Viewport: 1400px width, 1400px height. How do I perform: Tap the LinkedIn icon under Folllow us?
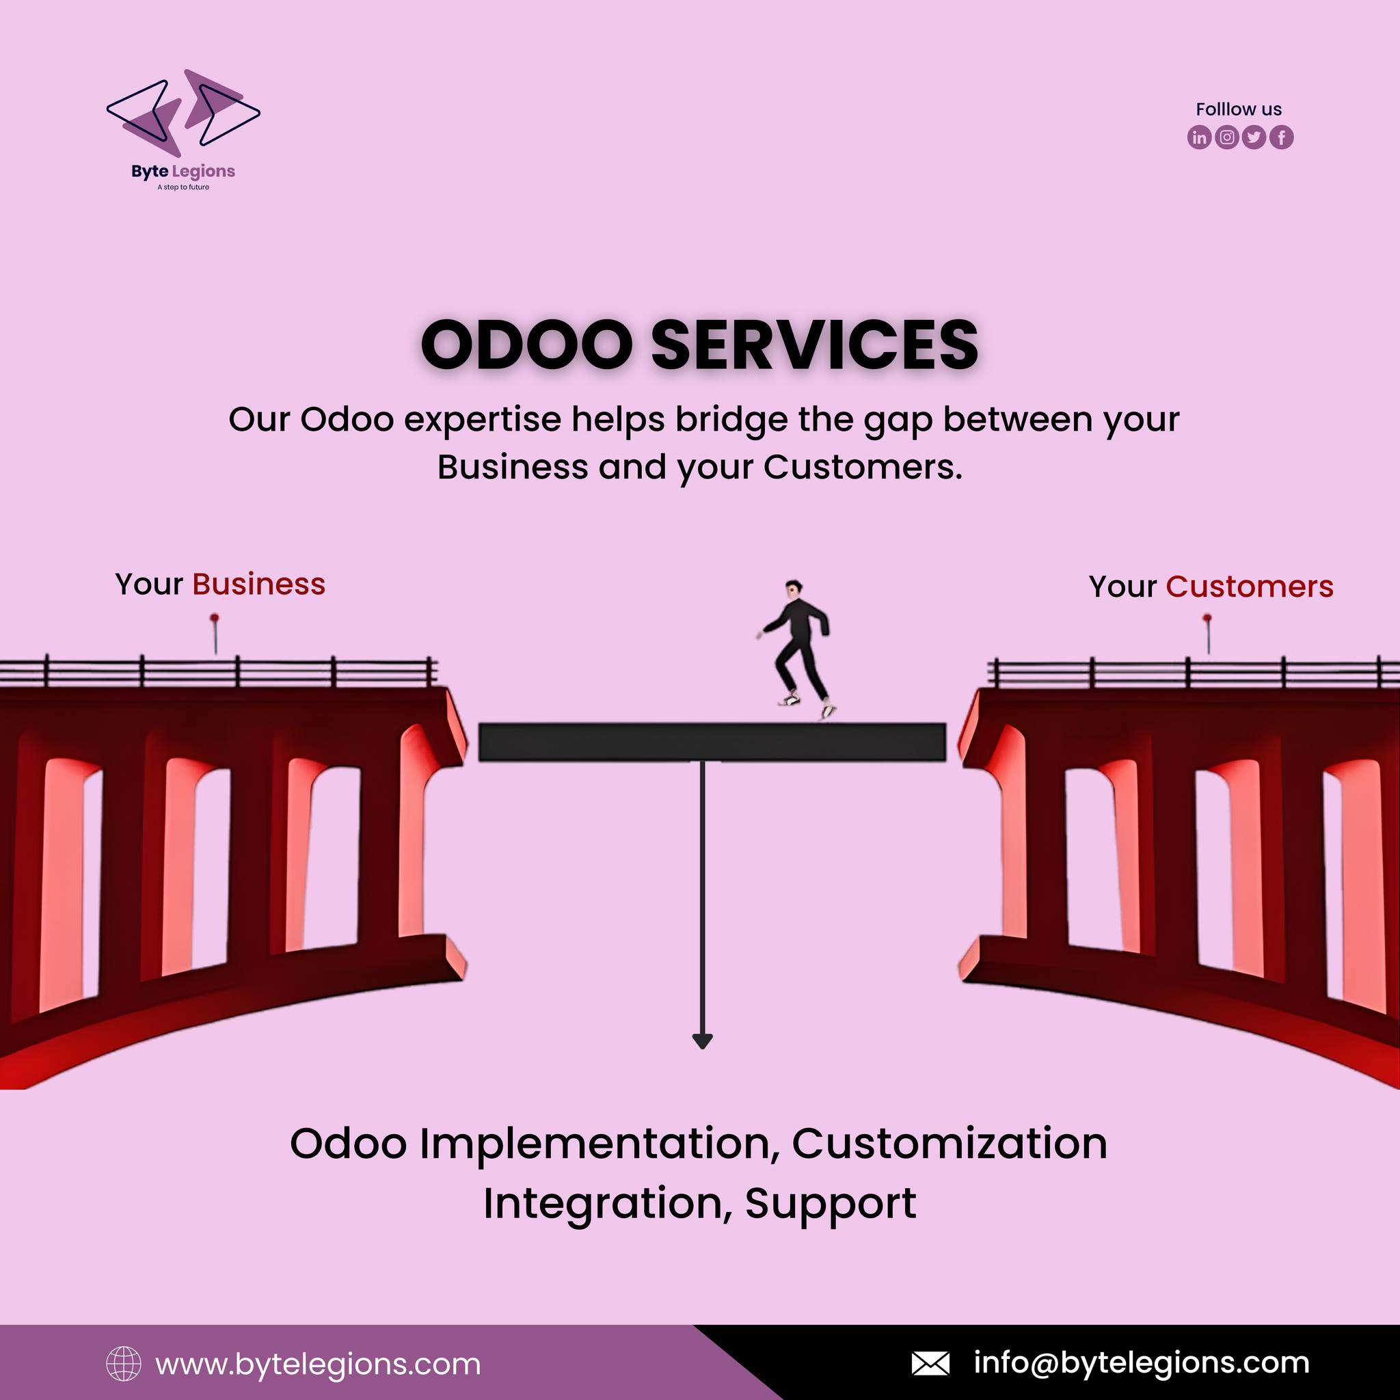[1199, 137]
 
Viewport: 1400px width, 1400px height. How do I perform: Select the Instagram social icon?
[1226, 137]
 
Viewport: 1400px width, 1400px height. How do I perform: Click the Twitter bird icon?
[1254, 137]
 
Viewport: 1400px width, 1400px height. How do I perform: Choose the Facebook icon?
[1281, 137]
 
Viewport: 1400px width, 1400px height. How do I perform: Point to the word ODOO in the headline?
[527, 345]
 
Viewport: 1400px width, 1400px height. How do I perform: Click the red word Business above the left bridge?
[258, 584]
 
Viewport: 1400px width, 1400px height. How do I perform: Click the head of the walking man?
[794, 588]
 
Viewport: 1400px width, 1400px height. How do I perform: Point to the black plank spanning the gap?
[712, 742]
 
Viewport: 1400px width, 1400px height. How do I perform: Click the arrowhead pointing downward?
[702, 1040]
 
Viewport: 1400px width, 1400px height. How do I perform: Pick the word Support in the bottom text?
[831, 1205]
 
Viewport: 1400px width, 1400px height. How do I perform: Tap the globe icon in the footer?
[124, 1364]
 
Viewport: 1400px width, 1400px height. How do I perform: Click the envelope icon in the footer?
[930, 1363]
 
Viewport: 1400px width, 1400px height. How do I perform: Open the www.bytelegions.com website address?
[318, 1364]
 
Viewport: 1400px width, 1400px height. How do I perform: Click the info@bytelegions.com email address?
[1142, 1363]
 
